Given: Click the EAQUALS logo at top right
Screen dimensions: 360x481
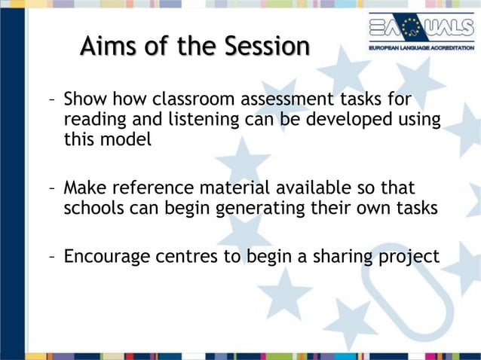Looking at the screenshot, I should [x=421, y=28].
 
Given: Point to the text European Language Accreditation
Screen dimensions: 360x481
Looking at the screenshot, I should [x=421, y=47].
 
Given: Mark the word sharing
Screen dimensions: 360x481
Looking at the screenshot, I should [x=341, y=257].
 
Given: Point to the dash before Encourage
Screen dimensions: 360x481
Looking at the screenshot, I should [x=51, y=257].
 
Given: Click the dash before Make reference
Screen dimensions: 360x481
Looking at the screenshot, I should [x=51, y=188].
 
